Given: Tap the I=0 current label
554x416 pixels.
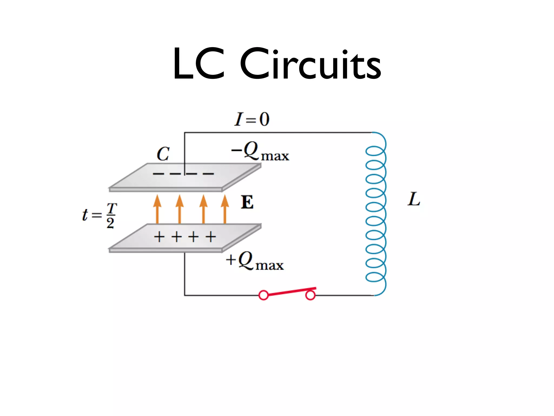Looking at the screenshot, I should tap(252, 119).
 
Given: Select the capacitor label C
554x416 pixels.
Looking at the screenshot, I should tap(163, 154).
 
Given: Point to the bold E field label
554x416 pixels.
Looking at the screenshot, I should tap(247, 202).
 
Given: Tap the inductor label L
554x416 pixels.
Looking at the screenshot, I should tap(414, 199).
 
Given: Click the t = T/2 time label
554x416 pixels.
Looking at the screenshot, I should tap(100, 215).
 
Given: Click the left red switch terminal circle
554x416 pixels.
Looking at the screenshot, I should tap(263, 295).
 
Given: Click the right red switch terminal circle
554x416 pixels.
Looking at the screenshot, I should tap(310, 295).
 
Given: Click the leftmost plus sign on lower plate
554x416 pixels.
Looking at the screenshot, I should tap(159, 237).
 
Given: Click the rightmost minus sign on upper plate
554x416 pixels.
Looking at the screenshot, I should tap(208, 174).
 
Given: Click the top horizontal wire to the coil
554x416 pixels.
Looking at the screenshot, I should tap(279, 133).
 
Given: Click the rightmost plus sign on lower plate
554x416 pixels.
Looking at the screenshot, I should tap(211, 237).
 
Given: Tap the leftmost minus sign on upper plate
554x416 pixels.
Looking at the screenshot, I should tap(158, 174).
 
